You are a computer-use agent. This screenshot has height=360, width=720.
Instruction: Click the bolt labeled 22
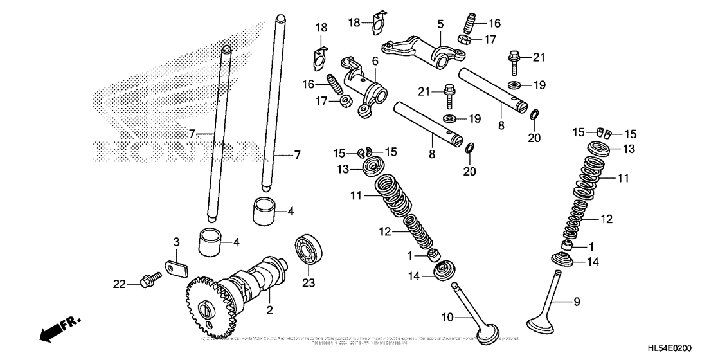tap(150, 280)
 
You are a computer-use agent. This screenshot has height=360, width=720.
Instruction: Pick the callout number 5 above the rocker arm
tap(440, 24)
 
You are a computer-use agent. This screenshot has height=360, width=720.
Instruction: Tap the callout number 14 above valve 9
tap(593, 262)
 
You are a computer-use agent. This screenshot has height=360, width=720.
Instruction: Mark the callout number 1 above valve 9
tap(593, 246)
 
